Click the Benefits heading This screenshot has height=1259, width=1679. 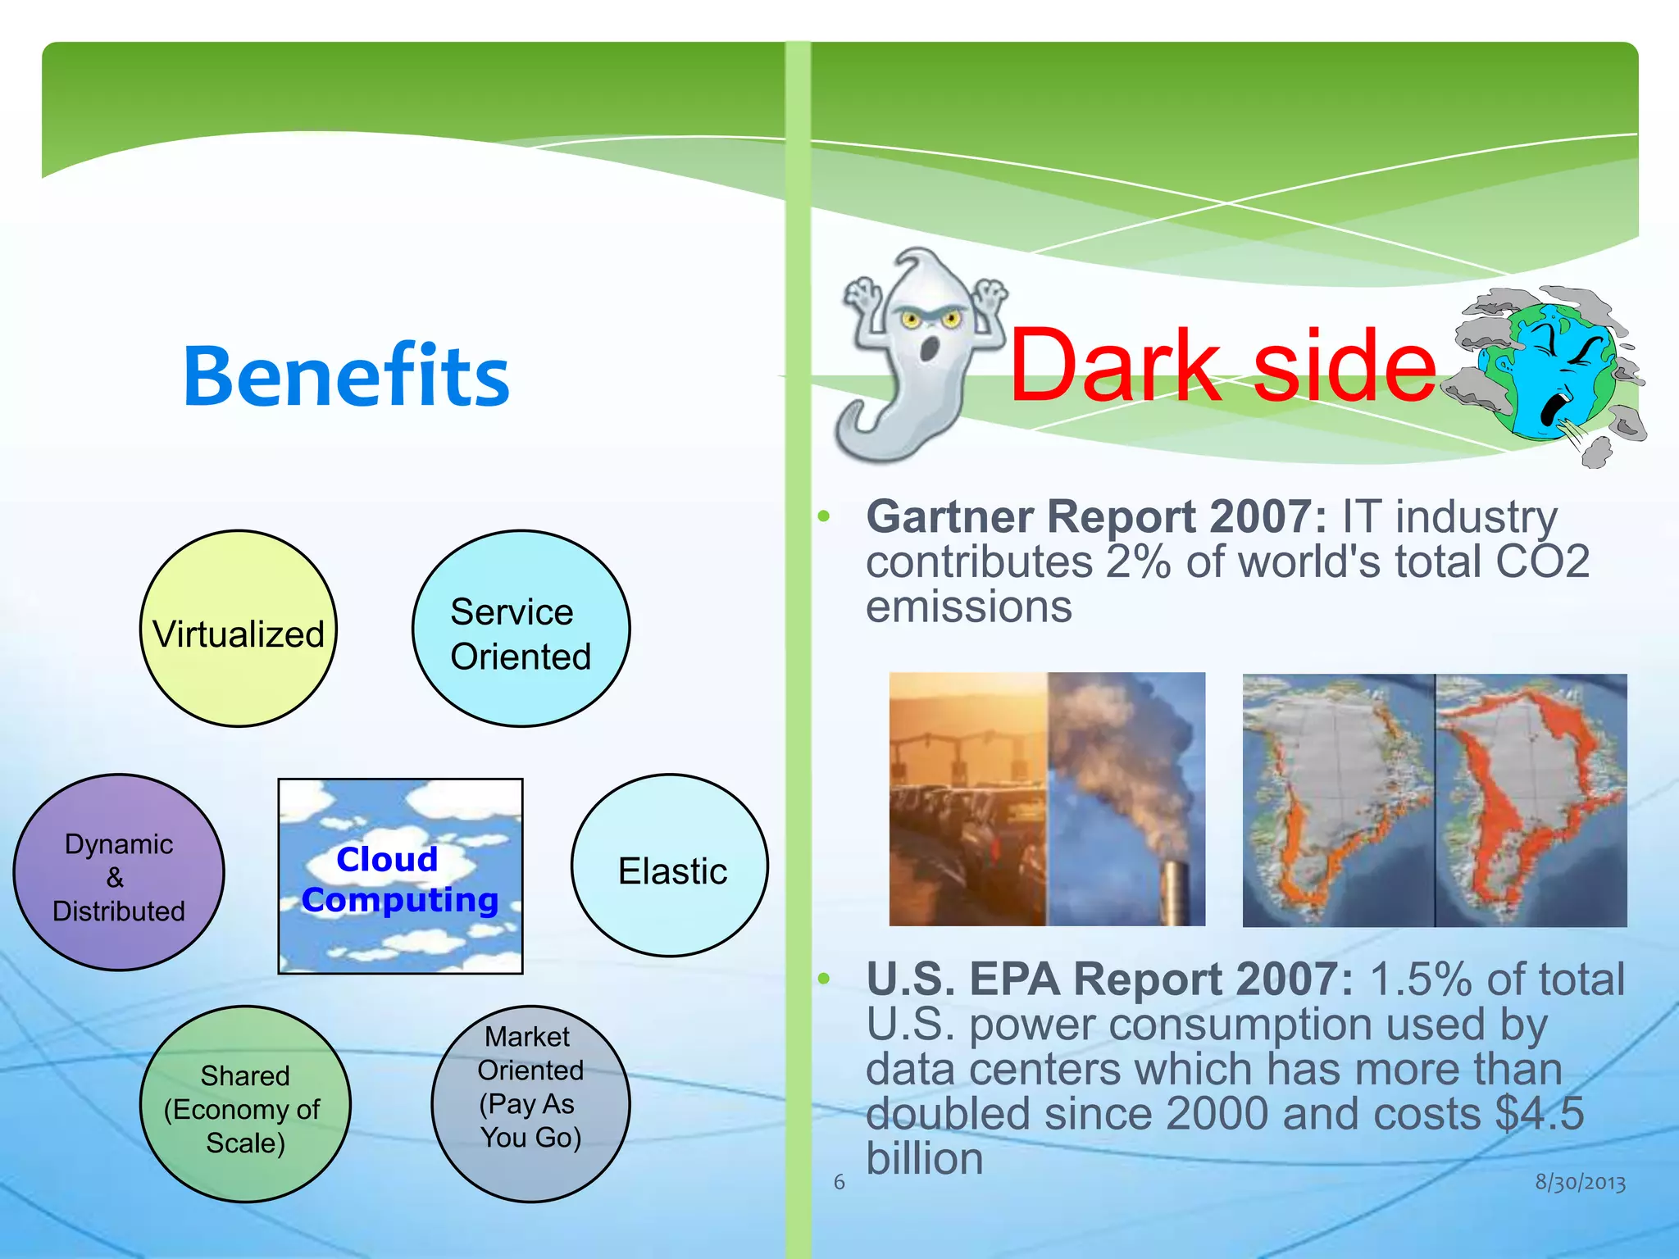point(346,376)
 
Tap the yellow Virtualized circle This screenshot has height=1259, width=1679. point(239,629)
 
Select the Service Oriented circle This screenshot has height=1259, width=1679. point(521,629)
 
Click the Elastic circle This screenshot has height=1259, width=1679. point(670,866)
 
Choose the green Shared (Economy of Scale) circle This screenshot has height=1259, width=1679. point(245,1105)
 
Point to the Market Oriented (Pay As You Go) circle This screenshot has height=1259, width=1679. point(530,1105)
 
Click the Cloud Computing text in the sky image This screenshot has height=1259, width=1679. point(399,879)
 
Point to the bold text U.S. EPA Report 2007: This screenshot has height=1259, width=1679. point(1109,980)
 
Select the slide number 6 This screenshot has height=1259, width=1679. point(839,1182)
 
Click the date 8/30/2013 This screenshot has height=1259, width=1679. point(1580,1182)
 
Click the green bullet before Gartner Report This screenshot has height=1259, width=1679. point(824,516)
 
